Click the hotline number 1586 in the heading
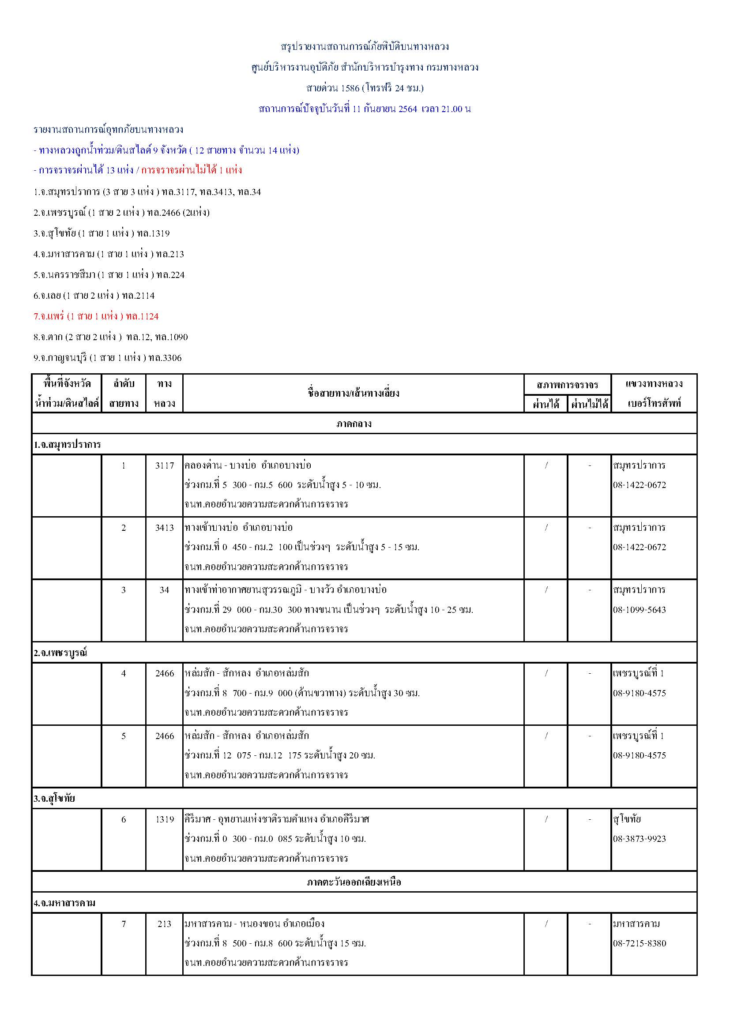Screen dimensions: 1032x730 [x=350, y=88]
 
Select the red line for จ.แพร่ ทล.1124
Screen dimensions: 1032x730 [x=96, y=316]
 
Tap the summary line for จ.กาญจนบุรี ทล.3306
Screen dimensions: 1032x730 [x=107, y=358]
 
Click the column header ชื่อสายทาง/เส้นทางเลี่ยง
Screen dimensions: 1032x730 [x=354, y=393]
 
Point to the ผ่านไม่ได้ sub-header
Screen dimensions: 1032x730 [x=589, y=404]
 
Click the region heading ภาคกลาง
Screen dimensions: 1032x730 [x=354, y=424]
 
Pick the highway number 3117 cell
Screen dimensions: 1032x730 [x=165, y=465]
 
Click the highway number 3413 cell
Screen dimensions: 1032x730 [x=165, y=528]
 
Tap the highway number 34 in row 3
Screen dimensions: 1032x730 [x=165, y=590]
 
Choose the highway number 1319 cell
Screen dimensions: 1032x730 [x=165, y=819]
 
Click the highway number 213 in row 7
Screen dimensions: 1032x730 [x=165, y=923]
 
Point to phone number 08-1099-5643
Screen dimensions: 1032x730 [x=639, y=610]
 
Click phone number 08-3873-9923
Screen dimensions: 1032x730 [x=639, y=839]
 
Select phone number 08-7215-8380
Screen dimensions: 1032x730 [x=639, y=943]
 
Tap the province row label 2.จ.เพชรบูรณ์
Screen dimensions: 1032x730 [x=60, y=653]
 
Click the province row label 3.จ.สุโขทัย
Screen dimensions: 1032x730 [x=54, y=798]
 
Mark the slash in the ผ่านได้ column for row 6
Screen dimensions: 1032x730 [x=546, y=819]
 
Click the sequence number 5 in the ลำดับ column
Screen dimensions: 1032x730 [x=124, y=736]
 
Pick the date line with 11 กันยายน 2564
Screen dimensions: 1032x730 [x=365, y=109]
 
